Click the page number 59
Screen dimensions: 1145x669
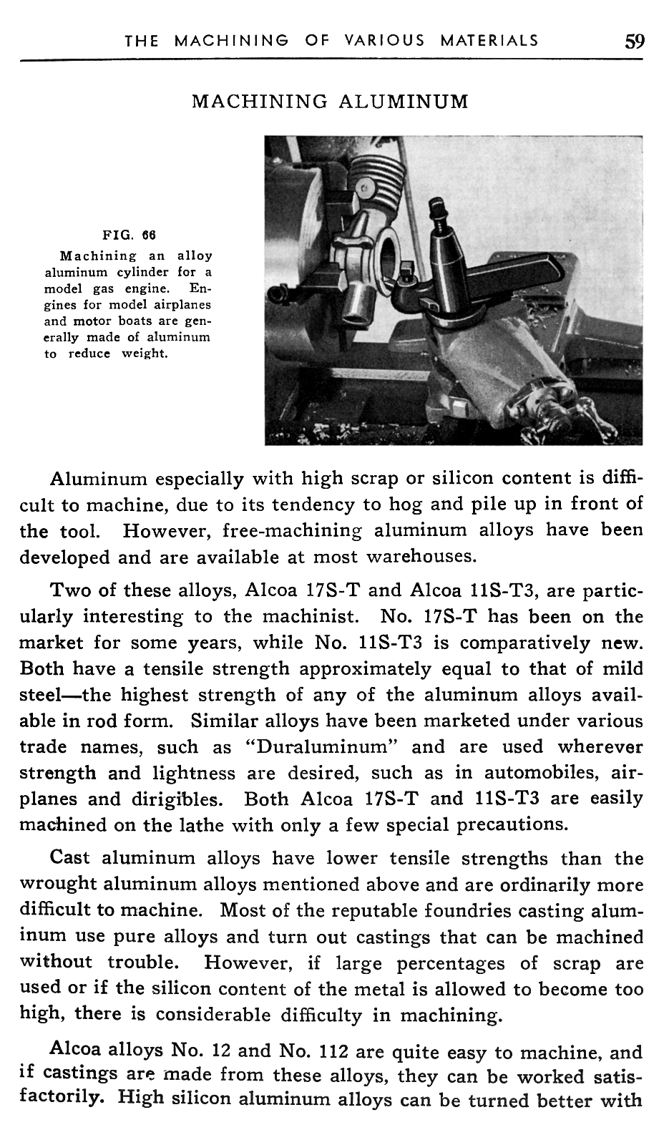634,40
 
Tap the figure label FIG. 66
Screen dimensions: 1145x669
130,234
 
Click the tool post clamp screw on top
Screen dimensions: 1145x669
436,211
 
